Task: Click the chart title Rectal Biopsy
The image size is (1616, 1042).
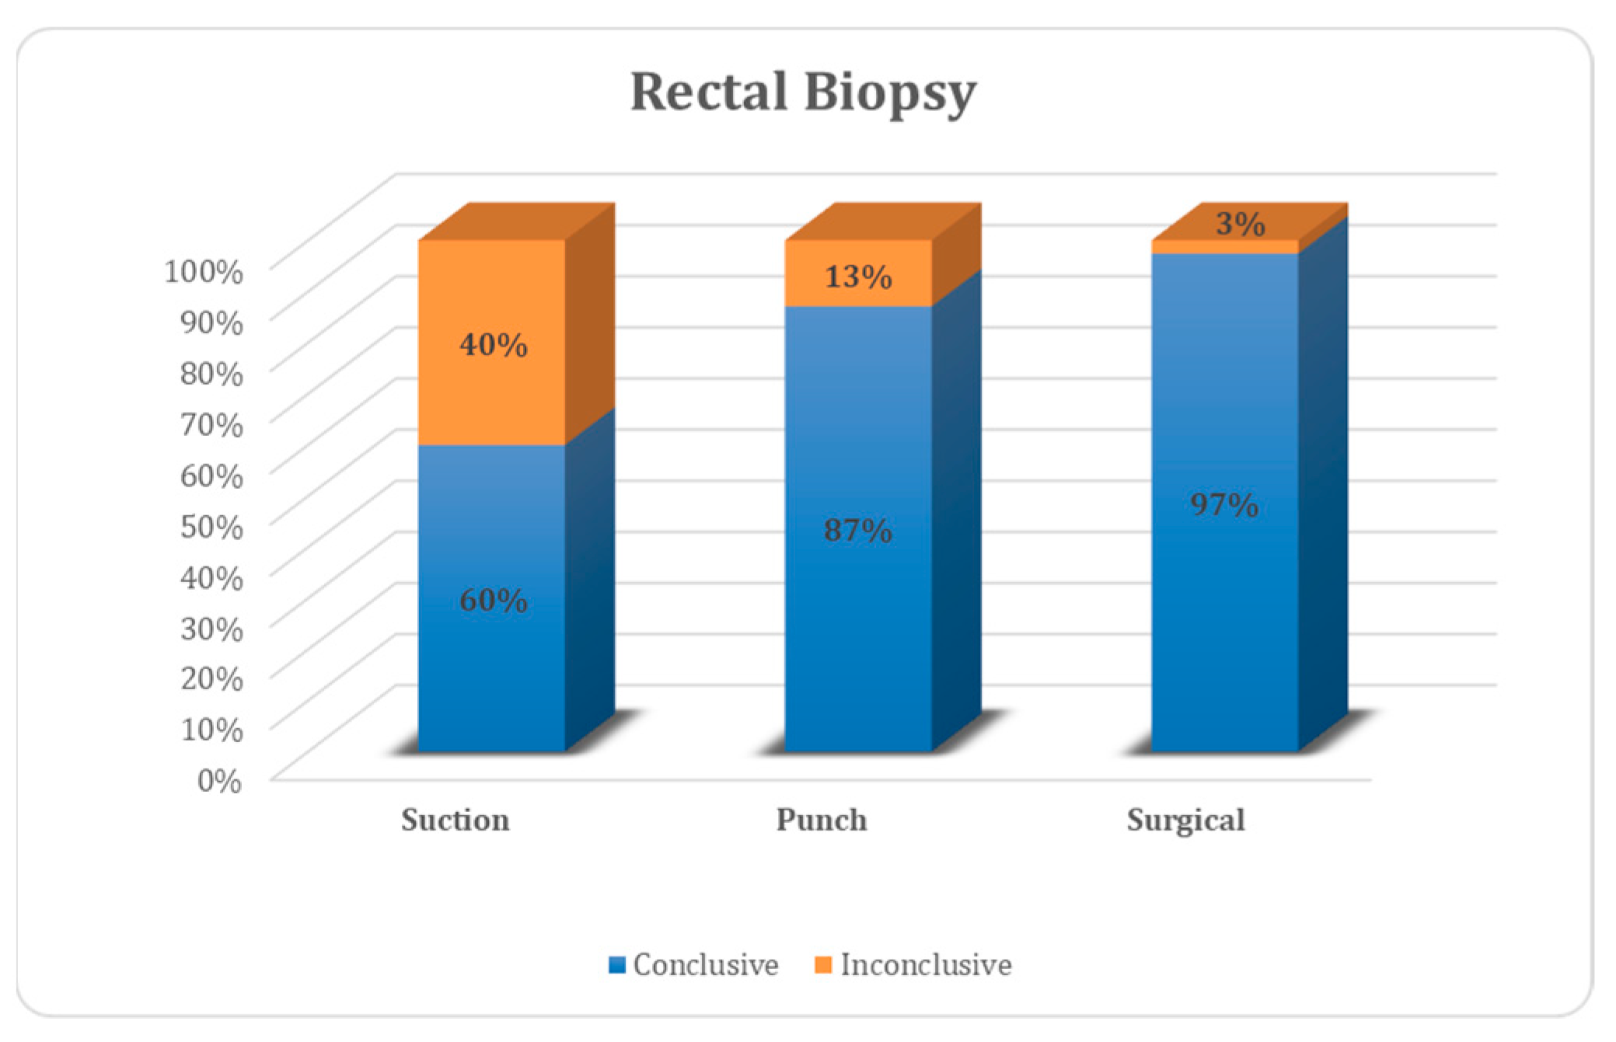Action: tap(803, 92)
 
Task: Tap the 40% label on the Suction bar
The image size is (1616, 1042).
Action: tap(493, 344)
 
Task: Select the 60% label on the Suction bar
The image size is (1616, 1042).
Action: tap(493, 600)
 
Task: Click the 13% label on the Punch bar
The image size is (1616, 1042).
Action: tap(858, 277)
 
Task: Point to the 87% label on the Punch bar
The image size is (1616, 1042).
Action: tap(858, 531)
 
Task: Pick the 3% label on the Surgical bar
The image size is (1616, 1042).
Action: tap(1241, 225)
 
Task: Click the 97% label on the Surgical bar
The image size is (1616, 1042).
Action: tap(1224, 505)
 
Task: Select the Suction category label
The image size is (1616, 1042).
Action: tap(455, 821)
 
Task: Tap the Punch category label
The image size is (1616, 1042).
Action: tap(822, 821)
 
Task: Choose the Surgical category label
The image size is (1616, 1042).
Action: tap(1186, 821)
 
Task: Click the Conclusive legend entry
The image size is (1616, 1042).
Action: tap(705, 965)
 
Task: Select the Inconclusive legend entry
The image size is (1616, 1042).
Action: tap(926, 965)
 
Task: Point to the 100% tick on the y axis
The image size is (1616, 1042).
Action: tap(204, 272)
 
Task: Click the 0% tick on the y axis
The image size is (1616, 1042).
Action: tap(219, 780)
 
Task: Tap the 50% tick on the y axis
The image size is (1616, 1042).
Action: tap(211, 526)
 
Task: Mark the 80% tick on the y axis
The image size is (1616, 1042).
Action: tap(211, 374)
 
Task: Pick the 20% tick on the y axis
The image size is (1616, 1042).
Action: tap(211, 678)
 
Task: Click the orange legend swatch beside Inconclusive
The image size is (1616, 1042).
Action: tap(823, 965)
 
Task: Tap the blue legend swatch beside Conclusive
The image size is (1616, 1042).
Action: tap(617, 965)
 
